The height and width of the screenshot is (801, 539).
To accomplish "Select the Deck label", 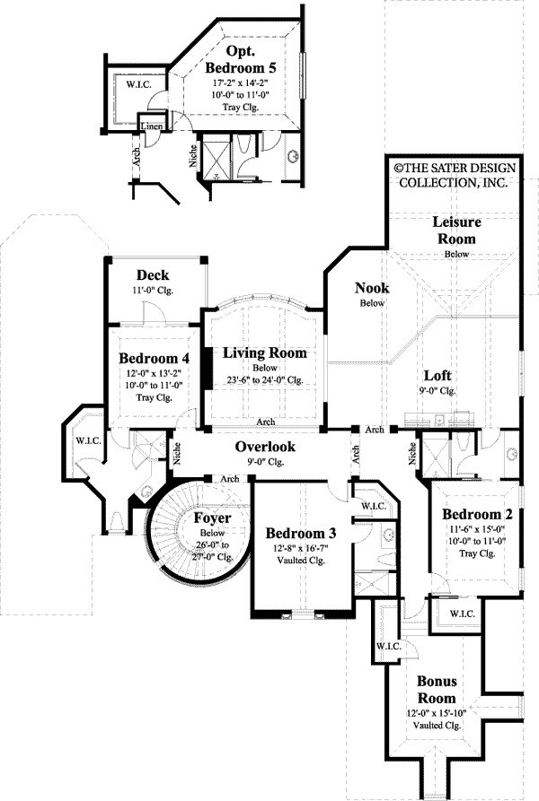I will coord(153,274).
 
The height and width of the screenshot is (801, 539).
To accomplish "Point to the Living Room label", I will coord(265,353).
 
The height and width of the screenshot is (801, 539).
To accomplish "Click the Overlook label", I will coord(265,447).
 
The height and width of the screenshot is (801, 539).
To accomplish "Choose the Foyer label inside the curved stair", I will coord(212,518).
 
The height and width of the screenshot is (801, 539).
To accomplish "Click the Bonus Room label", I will coord(436,689).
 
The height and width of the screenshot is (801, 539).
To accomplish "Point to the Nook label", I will coord(370,288).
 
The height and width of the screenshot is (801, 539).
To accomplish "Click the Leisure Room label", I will coord(456,230).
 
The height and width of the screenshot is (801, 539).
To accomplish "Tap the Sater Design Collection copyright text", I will coord(451,174).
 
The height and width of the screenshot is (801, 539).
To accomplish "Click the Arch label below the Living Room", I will coord(265,422).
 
